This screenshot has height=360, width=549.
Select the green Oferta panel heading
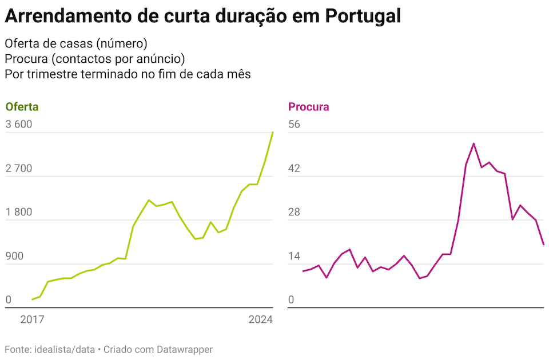pos(22,107)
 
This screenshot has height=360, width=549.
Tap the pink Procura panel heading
pos(309,107)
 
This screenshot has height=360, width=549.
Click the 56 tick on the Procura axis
pos(295,125)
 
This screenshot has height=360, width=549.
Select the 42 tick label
pos(295,169)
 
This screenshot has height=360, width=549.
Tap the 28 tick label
pos(295,213)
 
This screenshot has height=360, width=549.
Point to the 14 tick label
pos(295,257)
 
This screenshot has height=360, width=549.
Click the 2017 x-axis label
pos(32,321)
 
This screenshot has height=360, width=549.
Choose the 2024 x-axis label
pos(261,321)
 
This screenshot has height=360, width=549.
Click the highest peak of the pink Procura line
pos(474,143)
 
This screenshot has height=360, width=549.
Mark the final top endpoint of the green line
pos(273,133)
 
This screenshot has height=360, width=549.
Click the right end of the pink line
pos(543,245)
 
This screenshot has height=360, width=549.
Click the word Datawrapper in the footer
pos(185,349)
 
